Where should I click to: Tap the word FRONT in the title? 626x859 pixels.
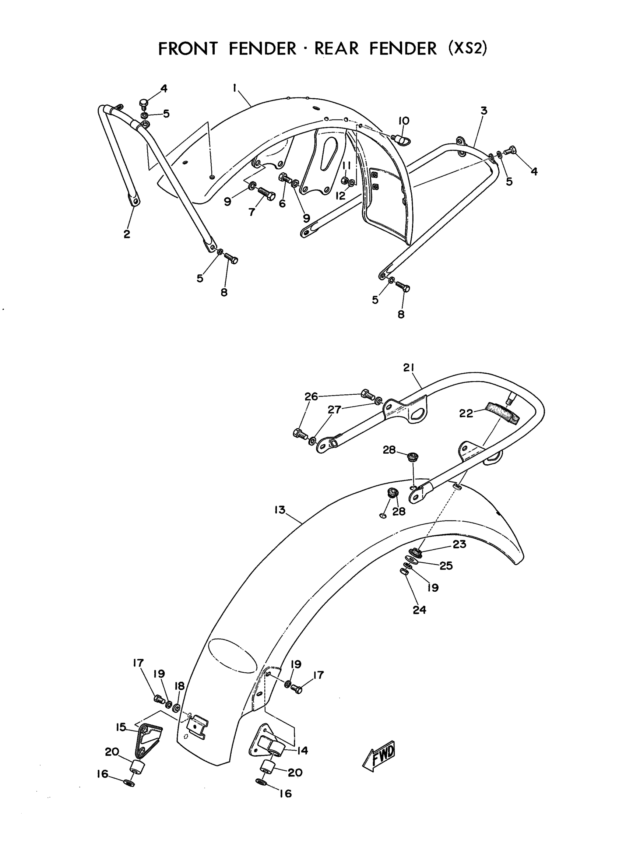tap(187, 49)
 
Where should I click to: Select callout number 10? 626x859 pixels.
tap(404, 121)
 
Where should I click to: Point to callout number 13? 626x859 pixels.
tap(280, 510)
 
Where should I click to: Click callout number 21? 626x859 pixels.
tap(409, 367)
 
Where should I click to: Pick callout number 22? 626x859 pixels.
tap(466, 413)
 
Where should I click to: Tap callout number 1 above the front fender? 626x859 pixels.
tap(235, 88)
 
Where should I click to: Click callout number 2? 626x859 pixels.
tap(127, 234)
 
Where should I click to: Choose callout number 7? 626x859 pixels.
tap(252, 212)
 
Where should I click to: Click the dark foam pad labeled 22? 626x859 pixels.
tap(501, 413)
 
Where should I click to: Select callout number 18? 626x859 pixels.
tap(179, 686)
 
